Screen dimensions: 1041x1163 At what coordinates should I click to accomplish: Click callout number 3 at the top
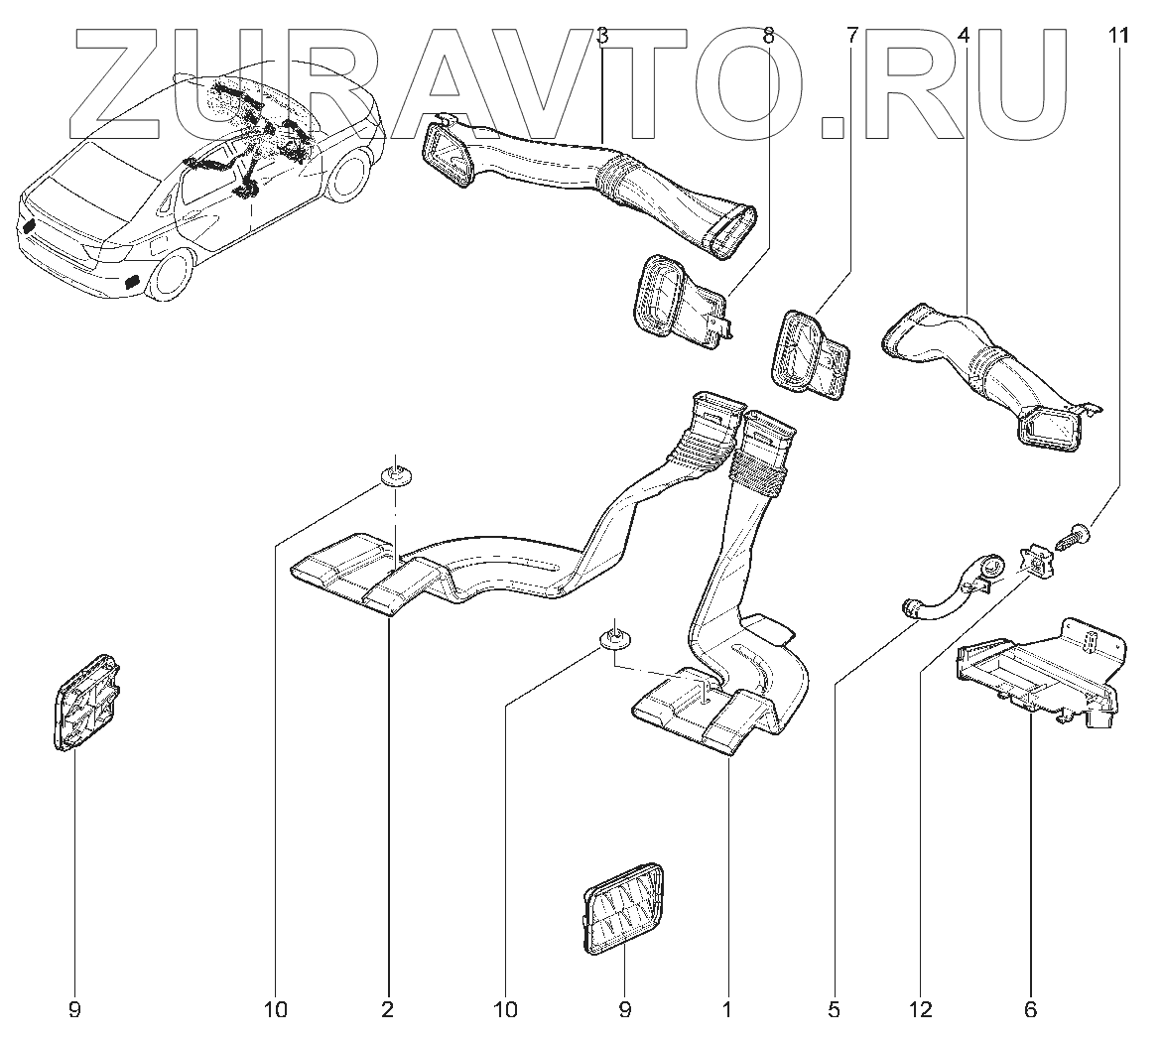pyautogui.click(x=602, y=37)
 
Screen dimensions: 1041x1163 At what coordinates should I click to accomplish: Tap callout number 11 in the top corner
pyautogui.click(x=1118, y=37)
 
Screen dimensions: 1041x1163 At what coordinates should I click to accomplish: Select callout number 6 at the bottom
pyautogui.click(x=1029, y=1010)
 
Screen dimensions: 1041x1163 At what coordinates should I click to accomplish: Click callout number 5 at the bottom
pyautogui.click(x=834, y=1010)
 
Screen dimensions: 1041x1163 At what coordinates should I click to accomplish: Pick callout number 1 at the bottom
pyautogui.click(x=727, y=1010)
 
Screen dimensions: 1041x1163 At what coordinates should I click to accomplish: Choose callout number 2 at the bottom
pyautogui.click(x=387, y=1010)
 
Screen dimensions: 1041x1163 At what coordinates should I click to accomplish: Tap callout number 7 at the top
pyautogui.click(x=852, y=37)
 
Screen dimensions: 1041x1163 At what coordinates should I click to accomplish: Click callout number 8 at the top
pyautogui.click(x=768, y=37)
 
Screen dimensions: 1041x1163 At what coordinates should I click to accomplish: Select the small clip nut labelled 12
pyautogui.click(x=1037, y=562)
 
